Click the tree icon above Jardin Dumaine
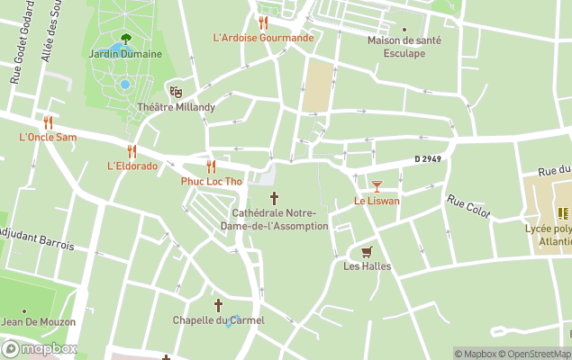click(125, 39)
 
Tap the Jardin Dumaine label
click(125, 54)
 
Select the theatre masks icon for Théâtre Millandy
click(177, 91)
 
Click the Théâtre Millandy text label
click(176, 107)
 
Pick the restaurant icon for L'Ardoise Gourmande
click(263, 22)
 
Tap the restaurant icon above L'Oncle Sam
click(48, 122)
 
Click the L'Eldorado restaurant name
click(132, 166)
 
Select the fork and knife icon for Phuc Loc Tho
click(211, 166)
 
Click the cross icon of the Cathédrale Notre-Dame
click(274, 198)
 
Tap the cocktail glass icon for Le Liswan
click(377, 185)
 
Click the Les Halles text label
click(366, 265)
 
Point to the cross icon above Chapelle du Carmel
click(218, 305)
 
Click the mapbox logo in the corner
click(40, 349)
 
